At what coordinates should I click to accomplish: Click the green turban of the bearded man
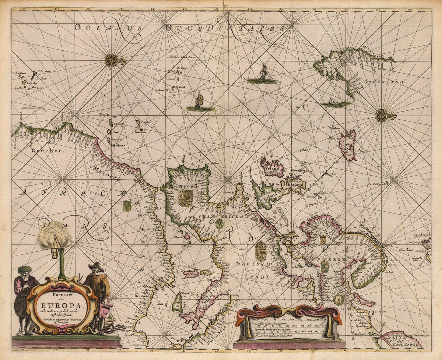pos(25,269)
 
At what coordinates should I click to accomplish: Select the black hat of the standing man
pos(96,266)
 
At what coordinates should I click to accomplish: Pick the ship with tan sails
pos(199,101)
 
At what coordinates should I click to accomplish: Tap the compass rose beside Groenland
pos(382,116)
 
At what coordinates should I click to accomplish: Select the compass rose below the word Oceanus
pos(111,60)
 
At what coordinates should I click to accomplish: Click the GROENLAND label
pos(385,82)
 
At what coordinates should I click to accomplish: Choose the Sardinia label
pos(192,273)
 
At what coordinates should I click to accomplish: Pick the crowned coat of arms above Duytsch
pos(261,251)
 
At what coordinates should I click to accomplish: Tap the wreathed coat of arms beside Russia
pos(338,299)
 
